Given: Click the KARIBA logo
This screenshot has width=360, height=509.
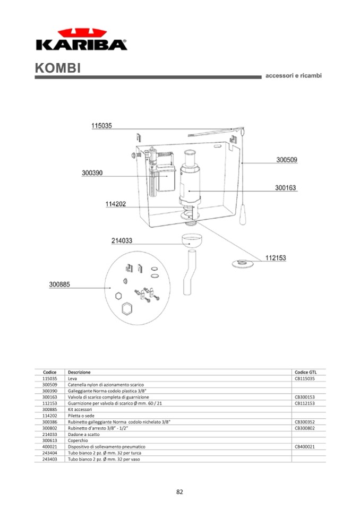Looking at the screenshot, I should click(81, 39).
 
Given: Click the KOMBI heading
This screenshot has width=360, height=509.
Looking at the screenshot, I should click(58, 68).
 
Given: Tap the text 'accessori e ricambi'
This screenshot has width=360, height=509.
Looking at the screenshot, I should click(293, 75).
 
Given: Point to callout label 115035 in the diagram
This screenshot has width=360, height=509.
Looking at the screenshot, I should click(101, 126).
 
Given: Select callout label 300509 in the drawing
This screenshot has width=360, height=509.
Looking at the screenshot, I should click(287, 160).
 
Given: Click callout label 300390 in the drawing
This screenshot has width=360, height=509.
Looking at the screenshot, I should click(92, 173).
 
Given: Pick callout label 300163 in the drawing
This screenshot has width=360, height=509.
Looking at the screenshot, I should click(286, 187).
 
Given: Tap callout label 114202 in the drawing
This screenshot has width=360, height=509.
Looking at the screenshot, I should click(115, 204).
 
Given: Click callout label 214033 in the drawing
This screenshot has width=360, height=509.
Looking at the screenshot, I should click(122, 240).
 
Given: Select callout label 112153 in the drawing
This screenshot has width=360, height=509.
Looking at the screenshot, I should click(276, 258).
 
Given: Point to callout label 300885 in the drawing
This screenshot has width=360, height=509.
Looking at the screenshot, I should click(59, 284).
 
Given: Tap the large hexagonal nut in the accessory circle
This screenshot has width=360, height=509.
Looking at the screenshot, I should click(127, 309).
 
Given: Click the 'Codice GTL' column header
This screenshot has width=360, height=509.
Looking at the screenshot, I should click(305, 373).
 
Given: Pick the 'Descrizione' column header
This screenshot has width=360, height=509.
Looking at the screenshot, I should click(79, 373).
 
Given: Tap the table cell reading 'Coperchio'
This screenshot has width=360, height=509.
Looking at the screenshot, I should click(78, 441).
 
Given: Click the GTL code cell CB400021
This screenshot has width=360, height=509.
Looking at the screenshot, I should click(305, 447).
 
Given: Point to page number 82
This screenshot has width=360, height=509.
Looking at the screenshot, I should click(179, 491).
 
